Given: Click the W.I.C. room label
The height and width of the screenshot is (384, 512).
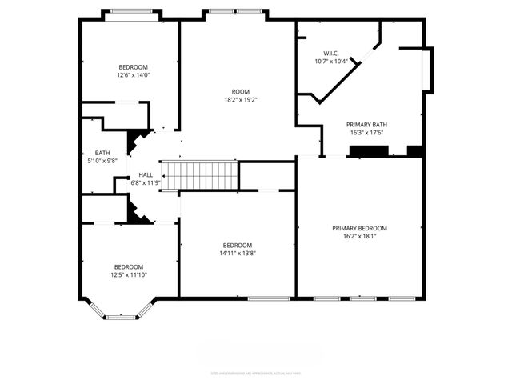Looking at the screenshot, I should pos(330,53).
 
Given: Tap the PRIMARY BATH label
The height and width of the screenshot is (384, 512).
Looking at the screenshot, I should pos(366,125).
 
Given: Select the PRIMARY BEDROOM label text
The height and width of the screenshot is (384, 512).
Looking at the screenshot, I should pos(359,228).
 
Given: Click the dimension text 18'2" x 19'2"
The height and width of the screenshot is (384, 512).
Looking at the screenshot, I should pos(241,101).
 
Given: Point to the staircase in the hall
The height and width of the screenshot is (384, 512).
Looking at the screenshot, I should pos(200,175).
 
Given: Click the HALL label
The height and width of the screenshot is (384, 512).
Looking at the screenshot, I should pos(146,174).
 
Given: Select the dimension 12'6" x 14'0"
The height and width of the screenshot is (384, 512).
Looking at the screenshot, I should pos(133,75).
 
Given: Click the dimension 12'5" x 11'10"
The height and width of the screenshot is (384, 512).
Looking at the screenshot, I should pos(128,274).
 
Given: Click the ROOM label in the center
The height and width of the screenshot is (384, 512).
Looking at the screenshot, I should pos(241,92).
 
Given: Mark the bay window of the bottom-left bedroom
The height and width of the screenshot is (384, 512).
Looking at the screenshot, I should pos(121,316).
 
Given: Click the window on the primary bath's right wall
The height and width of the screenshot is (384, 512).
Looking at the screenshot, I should pos(428,70).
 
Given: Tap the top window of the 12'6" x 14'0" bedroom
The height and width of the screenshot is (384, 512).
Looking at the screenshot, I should pos(132,11).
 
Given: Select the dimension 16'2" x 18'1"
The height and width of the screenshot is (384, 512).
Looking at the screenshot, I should pos(359,237).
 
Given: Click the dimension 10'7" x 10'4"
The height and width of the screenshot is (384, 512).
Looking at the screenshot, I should pos(330,61).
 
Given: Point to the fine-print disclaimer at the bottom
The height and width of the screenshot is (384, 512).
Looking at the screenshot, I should pos(256,372).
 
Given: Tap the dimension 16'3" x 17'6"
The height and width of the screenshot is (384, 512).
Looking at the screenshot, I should pos(366,133).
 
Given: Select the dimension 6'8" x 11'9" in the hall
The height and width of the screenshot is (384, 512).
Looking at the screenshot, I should pos(146,182).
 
